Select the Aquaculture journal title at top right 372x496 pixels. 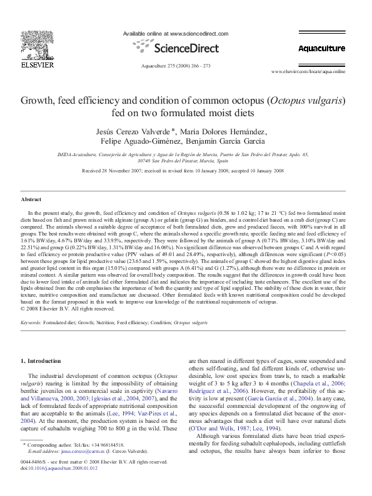click(321, 48)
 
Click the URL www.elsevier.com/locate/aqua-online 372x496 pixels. click(316, 72)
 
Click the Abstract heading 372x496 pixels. click(31, 199)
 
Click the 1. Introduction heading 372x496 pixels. click(42, 361)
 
